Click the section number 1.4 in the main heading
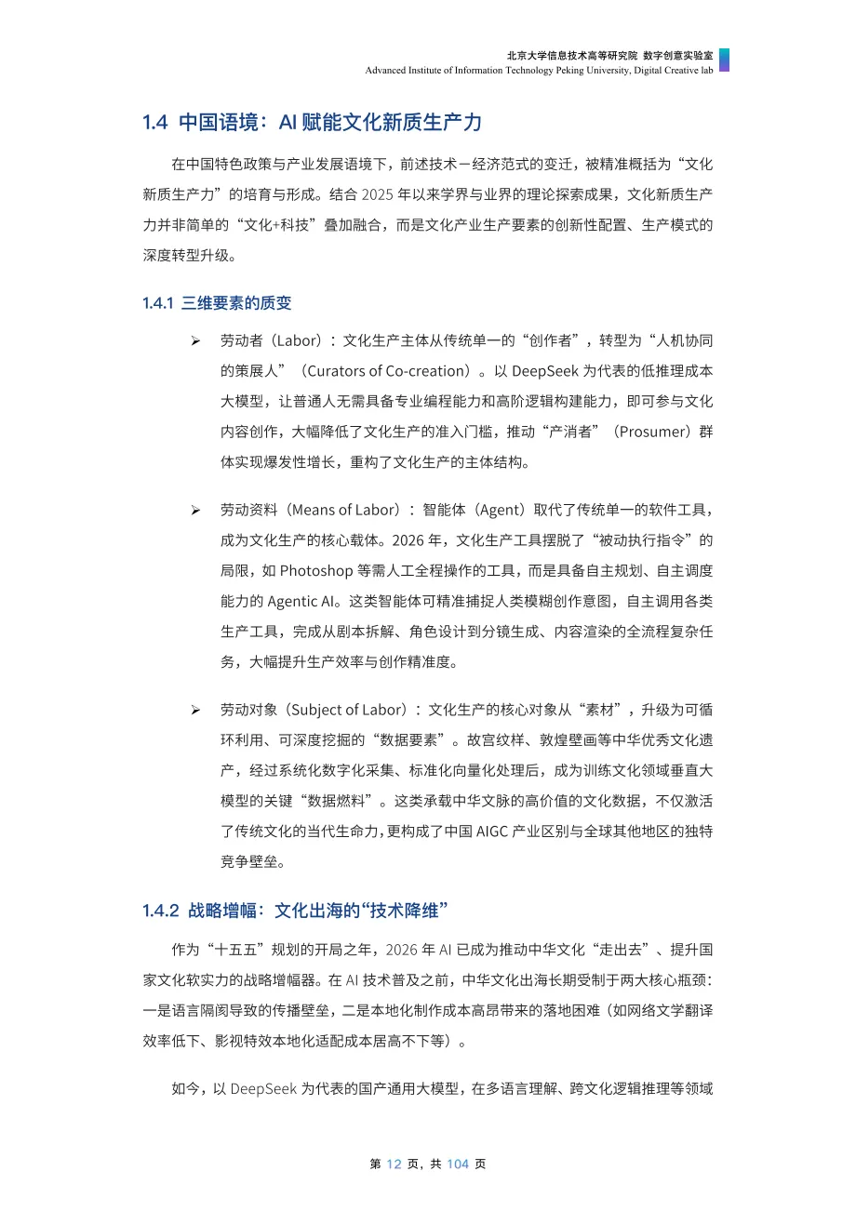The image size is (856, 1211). pos(154,122)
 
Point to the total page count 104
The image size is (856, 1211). pos(457,1164)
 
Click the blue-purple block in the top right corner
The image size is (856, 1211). pos(724,60)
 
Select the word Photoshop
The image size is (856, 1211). pos(313,570)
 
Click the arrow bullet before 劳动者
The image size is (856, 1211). pos(195,340)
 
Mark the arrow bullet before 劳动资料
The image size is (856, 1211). pos(195,510)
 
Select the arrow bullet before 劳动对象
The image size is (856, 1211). pos(195,710)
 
